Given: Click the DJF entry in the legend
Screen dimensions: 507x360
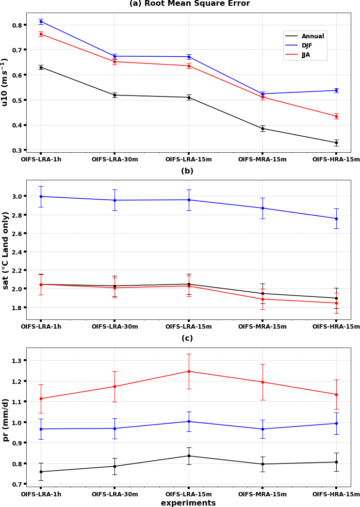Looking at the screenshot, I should [307, 46].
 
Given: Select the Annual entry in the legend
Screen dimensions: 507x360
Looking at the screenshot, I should [313, 36].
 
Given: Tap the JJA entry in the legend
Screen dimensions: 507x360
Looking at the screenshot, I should [306, 55].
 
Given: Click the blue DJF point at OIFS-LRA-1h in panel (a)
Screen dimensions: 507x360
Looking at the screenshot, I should [41, 21].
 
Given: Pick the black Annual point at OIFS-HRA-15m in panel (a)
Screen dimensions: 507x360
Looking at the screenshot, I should [336, 143].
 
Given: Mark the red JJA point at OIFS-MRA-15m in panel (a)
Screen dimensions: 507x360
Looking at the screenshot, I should [262, 97].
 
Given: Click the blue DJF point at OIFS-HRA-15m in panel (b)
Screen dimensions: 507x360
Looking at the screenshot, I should [336, 219].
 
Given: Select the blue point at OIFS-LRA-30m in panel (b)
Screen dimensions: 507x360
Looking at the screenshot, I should [115, 200].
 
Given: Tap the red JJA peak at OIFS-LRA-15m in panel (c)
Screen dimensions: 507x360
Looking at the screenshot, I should [189, 371].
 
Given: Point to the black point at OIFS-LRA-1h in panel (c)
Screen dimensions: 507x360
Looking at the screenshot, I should [41, 472].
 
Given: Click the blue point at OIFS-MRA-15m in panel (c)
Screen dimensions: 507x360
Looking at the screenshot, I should [262, 429].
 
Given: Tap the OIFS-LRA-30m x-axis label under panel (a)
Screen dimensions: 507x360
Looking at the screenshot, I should [115, 159].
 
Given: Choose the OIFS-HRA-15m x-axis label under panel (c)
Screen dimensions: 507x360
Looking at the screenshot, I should [336, 494].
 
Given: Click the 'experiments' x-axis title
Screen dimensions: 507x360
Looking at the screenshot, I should [188, 503].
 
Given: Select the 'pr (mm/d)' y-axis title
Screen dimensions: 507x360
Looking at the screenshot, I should [6, 420].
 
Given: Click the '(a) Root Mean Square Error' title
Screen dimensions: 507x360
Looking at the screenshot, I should [189, 4].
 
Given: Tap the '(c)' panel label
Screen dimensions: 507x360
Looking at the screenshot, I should [187, 338].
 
